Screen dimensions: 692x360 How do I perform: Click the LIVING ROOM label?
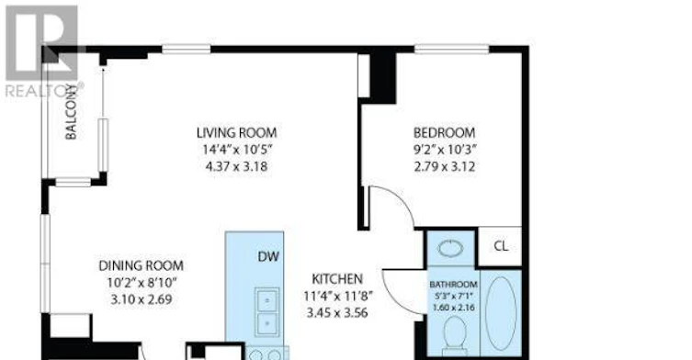(236, 132)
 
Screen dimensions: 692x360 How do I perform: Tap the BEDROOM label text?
(445, 132)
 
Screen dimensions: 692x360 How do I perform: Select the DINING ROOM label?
(141, 265)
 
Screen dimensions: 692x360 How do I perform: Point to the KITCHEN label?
(337, 279)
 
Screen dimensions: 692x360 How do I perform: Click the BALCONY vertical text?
(71, 112)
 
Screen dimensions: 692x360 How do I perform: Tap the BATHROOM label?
(453, 285)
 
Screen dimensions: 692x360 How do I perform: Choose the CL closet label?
(501, 246)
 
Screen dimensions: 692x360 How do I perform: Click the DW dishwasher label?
(268, 256)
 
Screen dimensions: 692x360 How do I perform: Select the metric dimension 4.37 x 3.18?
(236, 167)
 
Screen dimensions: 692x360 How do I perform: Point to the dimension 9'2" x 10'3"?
(445, 150)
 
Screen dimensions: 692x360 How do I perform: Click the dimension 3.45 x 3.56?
(337, 313)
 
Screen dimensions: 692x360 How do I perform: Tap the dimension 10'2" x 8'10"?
(142, 282)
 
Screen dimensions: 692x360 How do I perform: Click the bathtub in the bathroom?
(501, 313)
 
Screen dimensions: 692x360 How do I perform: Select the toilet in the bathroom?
(454, 336)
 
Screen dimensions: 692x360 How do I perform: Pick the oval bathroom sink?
(450, 249)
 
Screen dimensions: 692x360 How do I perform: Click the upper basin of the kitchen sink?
(267, 300)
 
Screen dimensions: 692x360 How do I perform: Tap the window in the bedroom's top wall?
(451, 50)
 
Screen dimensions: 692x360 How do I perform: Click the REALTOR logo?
(43, 51)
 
